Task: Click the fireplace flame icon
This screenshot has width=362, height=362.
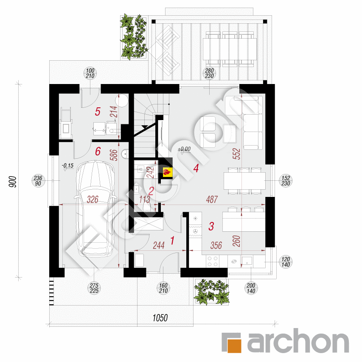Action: [167, 172]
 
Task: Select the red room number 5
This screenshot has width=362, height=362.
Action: [98, 112]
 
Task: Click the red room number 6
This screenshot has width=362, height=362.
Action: [98, 152]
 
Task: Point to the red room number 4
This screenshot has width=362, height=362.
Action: [196, 168]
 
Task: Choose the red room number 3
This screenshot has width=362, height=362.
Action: [211, 226]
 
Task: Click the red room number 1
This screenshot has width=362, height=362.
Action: [172, 241]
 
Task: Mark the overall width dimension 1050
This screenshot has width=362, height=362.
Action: [160, 318]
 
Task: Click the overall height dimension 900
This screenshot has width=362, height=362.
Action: [13, 182]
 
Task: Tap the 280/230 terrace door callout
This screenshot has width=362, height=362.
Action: [209, 73]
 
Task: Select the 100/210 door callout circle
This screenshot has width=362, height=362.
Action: [90, 73]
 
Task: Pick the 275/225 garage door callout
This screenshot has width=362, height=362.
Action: [94, 288]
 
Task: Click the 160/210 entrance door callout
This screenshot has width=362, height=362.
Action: [163, 288]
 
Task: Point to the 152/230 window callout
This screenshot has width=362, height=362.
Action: [286, 181]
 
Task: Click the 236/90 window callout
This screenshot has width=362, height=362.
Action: [38, 181]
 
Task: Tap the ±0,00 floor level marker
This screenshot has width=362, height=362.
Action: [184, 150]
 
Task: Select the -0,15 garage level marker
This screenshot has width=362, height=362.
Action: [67, 166]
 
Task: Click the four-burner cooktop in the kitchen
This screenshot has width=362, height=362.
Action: [212, 261]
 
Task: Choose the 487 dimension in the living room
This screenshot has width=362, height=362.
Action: [212, 199]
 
